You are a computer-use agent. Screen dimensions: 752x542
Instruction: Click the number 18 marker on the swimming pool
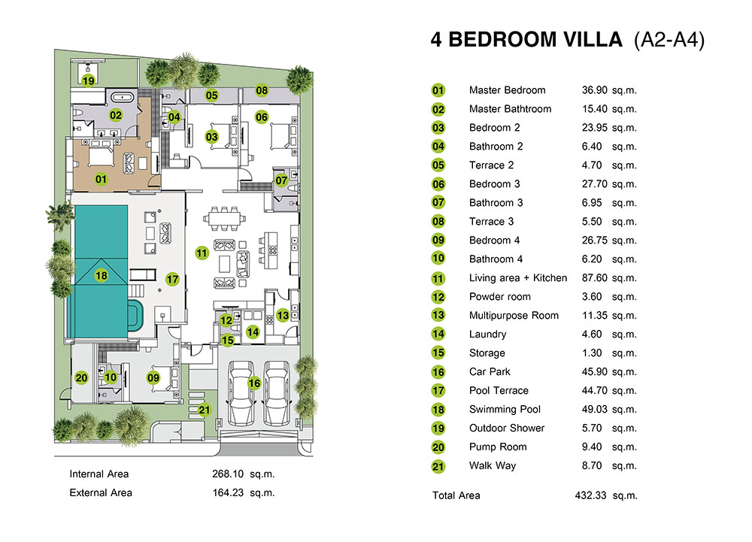[102, 276]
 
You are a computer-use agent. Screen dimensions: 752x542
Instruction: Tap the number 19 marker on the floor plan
[88, 80]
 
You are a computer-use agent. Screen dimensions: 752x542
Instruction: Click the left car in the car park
[241, 393]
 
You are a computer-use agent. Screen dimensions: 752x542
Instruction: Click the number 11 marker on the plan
[202, 253]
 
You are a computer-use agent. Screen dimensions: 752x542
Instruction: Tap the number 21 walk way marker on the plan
[205, 410]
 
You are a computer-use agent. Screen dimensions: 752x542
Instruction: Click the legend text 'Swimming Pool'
[505, 409]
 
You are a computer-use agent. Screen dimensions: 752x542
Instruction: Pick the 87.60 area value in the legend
[594, 278]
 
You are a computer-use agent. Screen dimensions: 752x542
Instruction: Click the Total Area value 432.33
[590, 495]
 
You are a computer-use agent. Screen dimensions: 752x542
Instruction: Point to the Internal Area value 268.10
[228, 474]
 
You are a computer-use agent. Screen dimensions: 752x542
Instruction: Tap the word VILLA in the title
[593, 40]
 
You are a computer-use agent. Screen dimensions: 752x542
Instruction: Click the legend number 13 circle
[438, 315]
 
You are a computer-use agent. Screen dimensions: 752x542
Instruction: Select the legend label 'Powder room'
[500, 297]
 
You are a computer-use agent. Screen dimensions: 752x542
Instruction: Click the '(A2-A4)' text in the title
[669, 40]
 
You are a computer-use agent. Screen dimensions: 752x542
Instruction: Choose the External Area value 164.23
[228, 492]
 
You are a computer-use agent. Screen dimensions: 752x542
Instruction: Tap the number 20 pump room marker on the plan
[81, 377]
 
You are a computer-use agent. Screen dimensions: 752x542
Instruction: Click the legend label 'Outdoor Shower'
[507, 428]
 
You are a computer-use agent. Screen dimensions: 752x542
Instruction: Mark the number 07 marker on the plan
[281, 180]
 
